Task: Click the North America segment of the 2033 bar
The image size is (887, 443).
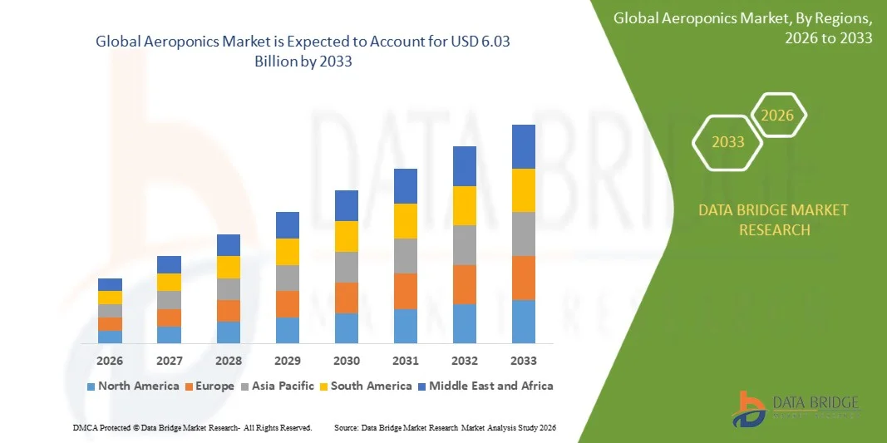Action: [523, 322]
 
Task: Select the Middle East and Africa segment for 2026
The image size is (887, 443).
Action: [110, 284]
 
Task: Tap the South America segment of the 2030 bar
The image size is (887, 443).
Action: [347, 236]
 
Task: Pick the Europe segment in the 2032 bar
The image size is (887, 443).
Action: [464, 284]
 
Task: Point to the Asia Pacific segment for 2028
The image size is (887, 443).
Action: [228, 288]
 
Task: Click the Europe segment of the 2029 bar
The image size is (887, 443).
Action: [288, 303]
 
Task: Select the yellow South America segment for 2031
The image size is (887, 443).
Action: [405, 220]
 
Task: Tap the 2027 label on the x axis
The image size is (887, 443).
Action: [169, 361]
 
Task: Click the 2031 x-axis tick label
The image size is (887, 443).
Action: [405, 361]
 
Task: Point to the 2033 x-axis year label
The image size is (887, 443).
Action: [523, 361]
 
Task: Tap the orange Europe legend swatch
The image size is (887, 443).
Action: [190, 386]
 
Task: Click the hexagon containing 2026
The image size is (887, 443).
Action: [778, 116]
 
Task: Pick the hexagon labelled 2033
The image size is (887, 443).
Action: [728, 142]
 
